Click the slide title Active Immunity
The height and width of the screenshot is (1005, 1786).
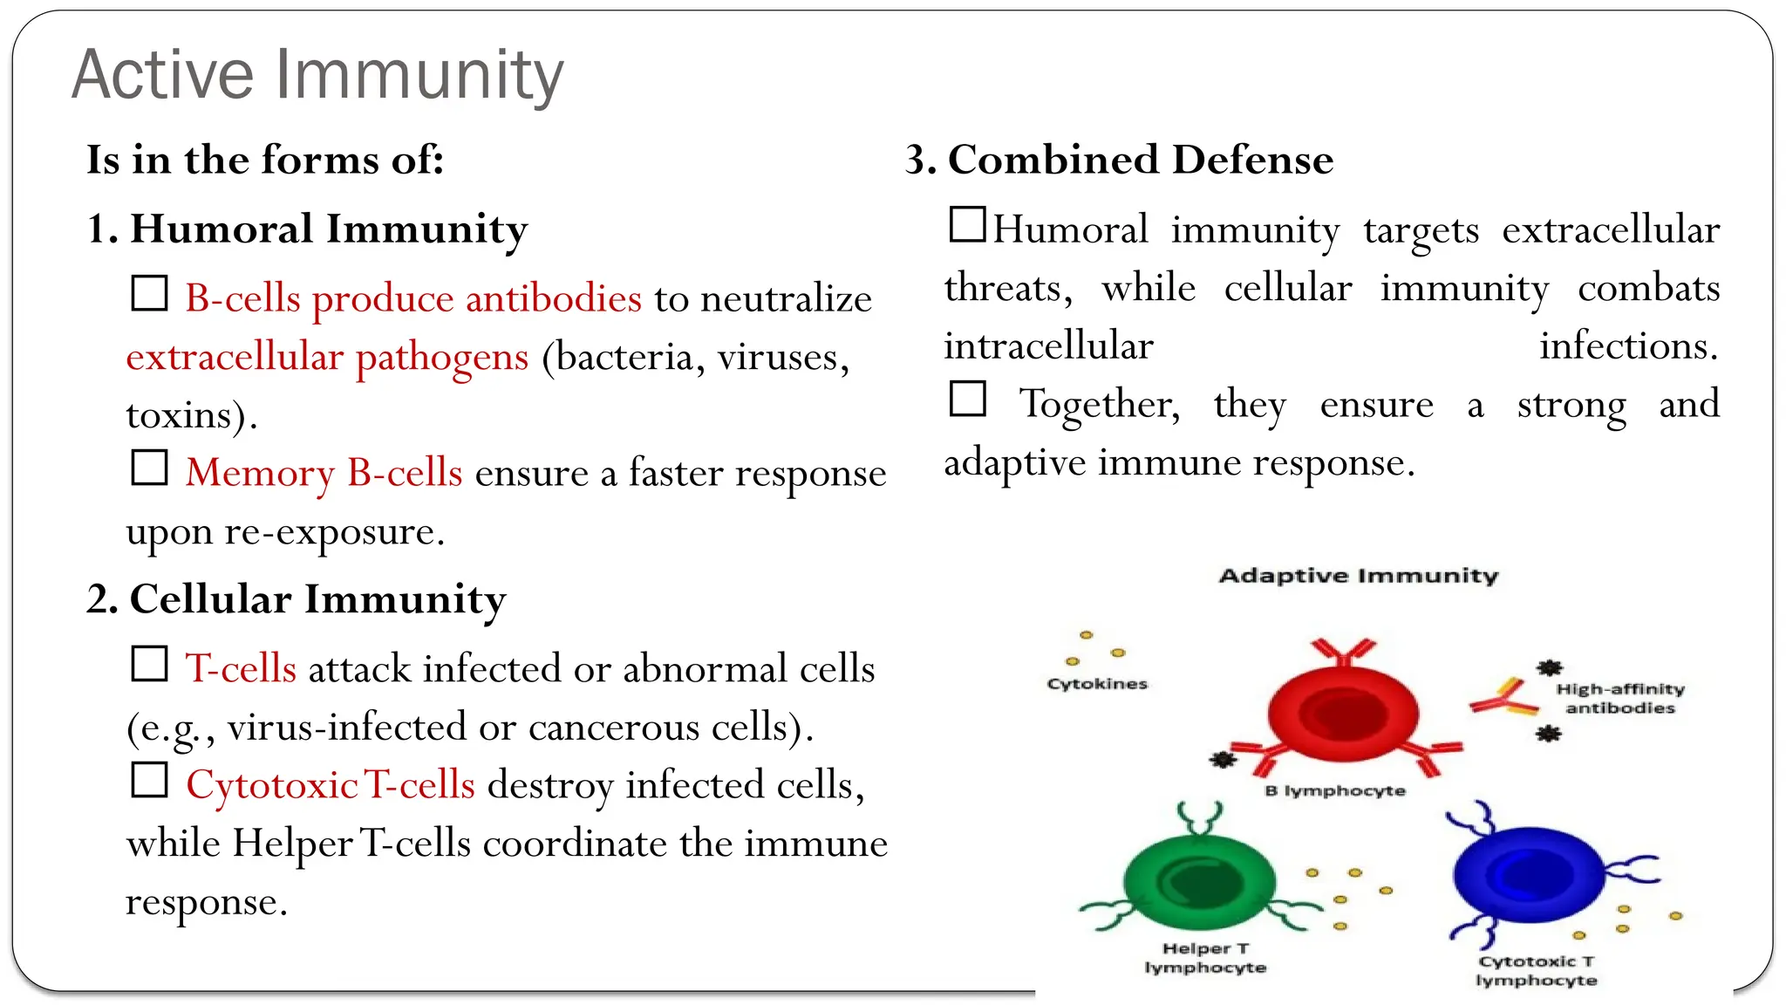coord(317,75)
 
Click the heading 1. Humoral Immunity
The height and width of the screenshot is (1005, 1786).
coord(307,229)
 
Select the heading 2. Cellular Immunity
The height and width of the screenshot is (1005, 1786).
coord(297,599)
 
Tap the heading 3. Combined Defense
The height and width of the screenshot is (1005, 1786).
coord(1120,161)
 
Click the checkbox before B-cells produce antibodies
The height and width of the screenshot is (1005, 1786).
coord(149,293)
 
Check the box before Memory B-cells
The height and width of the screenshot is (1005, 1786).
coord(149,468)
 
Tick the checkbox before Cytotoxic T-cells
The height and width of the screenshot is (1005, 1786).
coord(149,780)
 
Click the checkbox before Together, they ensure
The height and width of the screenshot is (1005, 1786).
coord(967,399)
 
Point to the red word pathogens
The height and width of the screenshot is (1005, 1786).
coord(442,357)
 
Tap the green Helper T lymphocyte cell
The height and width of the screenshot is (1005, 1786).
coord(1198,883)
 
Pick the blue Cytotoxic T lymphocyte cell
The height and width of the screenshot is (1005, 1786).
coord(1528,876)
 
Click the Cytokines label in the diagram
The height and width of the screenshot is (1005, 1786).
coord(1097,684)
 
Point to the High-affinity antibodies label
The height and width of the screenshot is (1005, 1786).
coord(1620,698)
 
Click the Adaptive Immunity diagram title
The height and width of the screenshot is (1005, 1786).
coord(1358,576)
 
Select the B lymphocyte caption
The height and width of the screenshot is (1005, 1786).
coord(1334,790)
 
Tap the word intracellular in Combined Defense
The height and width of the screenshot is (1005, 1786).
coord(1048,346)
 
